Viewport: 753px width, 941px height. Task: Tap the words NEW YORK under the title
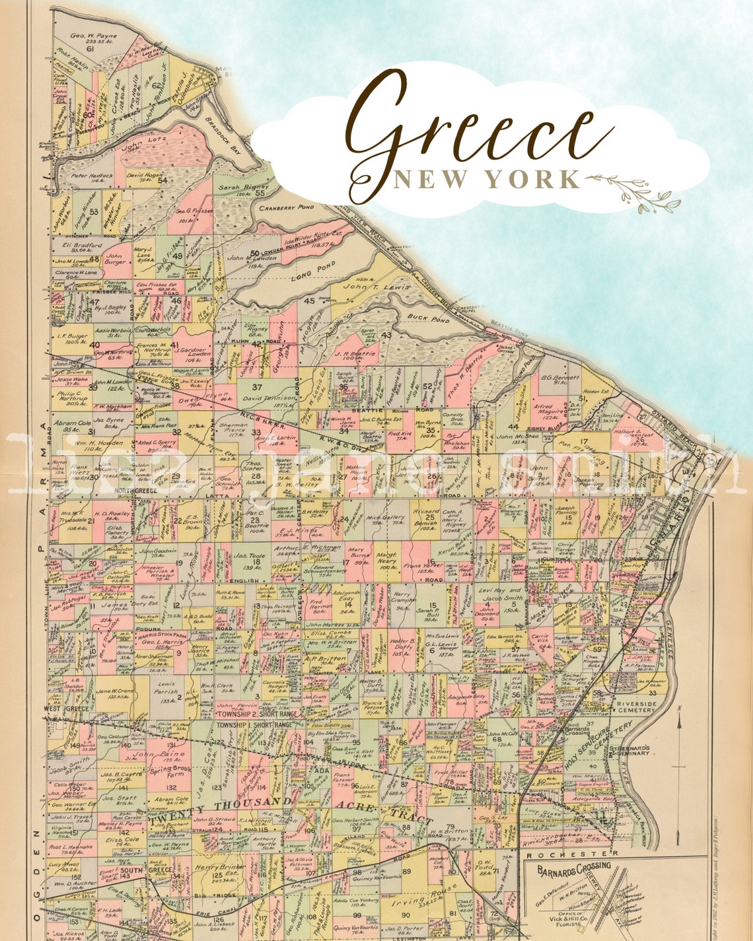[487, 180]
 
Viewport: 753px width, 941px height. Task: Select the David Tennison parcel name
[269, 398]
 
